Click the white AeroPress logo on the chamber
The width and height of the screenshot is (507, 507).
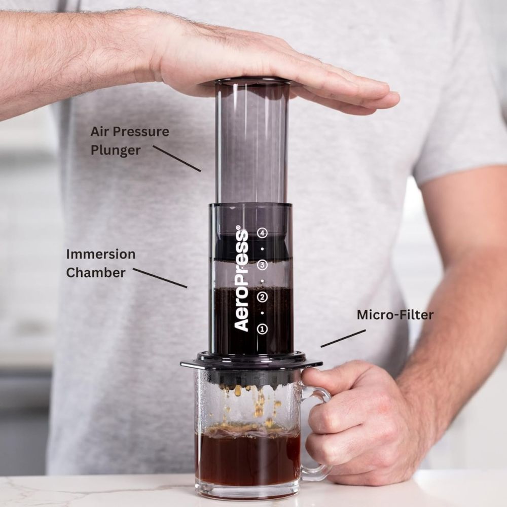tap(242, 280)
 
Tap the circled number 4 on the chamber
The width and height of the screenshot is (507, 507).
tap(262, 233)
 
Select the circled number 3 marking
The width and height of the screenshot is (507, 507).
tap(262, 265)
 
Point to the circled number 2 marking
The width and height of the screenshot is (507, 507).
tap(262, 297)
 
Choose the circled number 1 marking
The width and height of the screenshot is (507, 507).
tap(262, 329)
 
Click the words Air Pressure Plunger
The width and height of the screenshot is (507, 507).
tap(129, 140)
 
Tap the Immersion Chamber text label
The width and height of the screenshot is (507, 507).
tap(100, 263)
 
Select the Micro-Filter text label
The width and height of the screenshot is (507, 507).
tap(395, 315)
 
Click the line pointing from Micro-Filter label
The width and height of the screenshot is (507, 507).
tap(343, 339)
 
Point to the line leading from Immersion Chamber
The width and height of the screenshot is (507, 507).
tap(160, 278)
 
